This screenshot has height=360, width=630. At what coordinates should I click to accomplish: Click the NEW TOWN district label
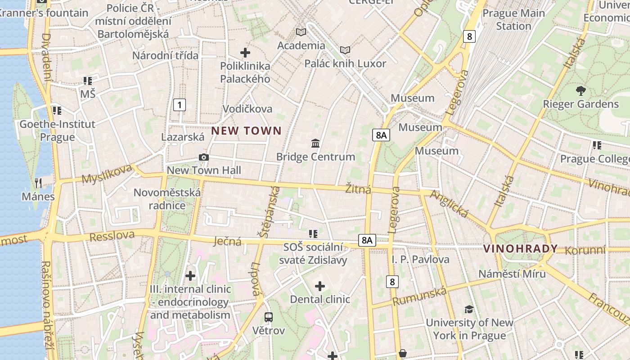click(246, 131)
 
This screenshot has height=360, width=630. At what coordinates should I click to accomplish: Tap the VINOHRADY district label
click(520, 248)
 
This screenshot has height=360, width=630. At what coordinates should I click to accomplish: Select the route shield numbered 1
click(180, 105)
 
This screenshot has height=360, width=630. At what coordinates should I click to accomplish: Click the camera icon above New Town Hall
click(204, 157)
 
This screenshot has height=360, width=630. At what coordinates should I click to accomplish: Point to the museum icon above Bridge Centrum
click(315, 144)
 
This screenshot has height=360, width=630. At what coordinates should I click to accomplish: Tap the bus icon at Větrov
click(269, 317)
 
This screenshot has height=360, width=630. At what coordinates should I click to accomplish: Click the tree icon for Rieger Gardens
click(580, 91)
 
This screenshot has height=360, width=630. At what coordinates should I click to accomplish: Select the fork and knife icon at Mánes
click(38, 183)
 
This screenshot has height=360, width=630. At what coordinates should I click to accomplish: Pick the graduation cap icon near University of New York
click(469, 309)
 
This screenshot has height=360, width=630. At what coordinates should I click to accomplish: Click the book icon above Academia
click(301, 32)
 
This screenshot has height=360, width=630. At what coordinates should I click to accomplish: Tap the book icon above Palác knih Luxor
click(345, 50)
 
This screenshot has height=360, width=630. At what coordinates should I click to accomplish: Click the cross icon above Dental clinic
click(320, 286)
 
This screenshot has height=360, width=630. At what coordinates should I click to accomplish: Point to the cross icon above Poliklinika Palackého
click(245, 53)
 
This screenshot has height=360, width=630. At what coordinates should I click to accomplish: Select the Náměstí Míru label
click(512, 274)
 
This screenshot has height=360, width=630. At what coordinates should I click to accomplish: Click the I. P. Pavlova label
click(420, 259)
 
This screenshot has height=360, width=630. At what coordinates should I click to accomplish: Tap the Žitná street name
click(358, 189)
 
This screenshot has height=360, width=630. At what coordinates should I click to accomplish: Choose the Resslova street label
click(112, 236)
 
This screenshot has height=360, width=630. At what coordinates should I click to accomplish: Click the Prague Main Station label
click(513, 19)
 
